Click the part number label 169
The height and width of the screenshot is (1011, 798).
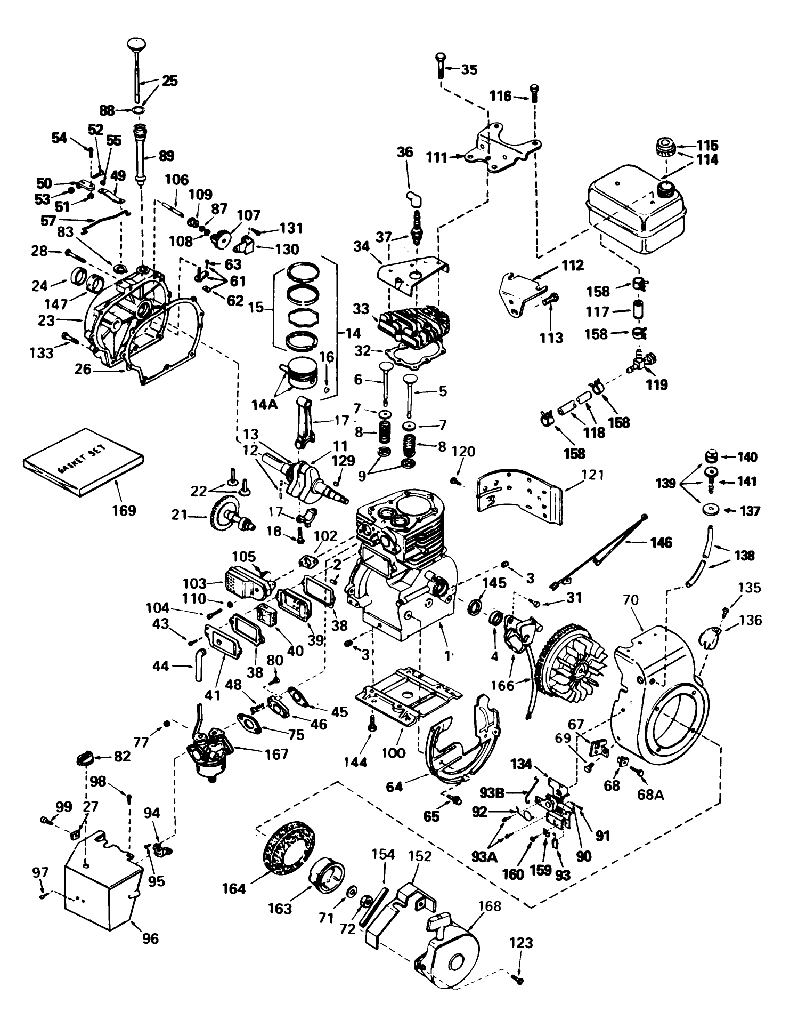(x=124, y=510)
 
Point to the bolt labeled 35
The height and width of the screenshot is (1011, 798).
(x=441, y=66)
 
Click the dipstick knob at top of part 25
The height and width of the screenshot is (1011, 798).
(x=137, y=44)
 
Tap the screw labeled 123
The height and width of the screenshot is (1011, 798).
(x=518, y=978)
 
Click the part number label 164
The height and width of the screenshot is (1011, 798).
(x=234, y=889)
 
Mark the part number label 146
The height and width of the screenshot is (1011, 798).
(x=661, y=542)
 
